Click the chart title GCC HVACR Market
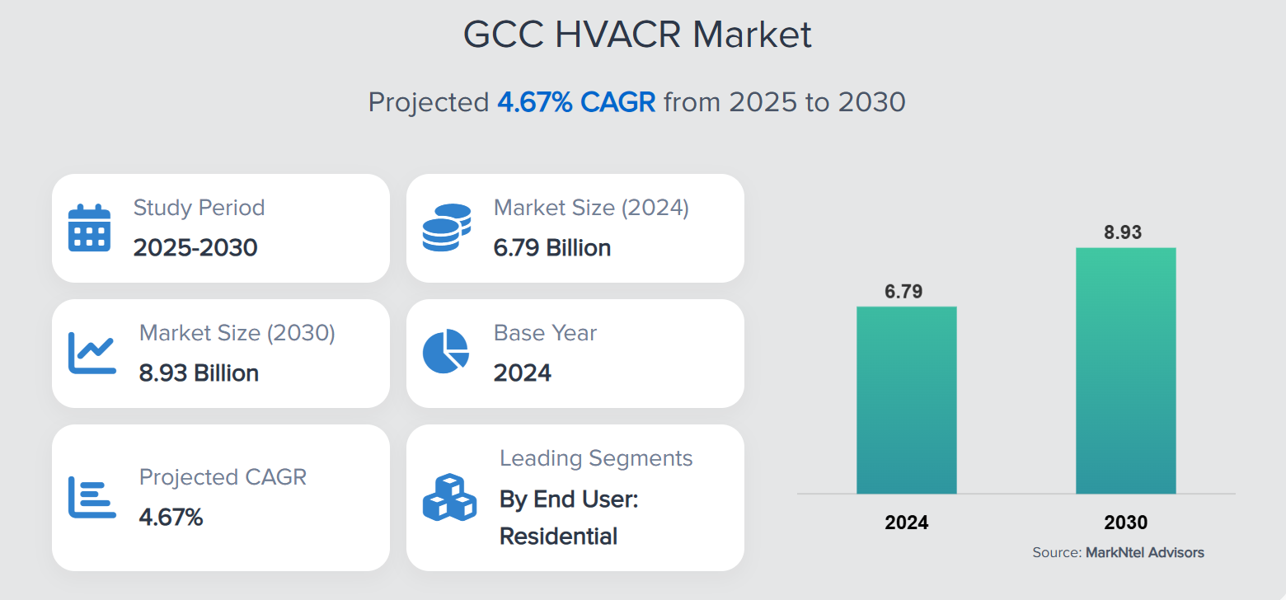(637, 35)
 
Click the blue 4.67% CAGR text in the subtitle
(576, 102)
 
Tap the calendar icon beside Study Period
(89, 227)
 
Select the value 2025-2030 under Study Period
(195, 247)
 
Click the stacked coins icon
(446, 227)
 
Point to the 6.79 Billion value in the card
(552, 247)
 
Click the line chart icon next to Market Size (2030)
(91, 353)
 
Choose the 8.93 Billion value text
(199, 373)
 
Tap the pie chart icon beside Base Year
(446, 351)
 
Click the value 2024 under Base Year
(523, 373)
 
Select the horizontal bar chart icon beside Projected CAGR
(91, 498)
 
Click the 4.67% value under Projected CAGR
(171, 518)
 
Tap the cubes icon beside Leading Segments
(448, 497)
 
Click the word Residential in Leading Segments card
(558, 537)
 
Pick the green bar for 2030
(1125, 371)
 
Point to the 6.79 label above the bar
(903, 292)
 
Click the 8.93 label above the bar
(1123, 232)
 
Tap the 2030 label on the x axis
(1125, 523)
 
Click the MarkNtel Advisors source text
(1144, 552)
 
